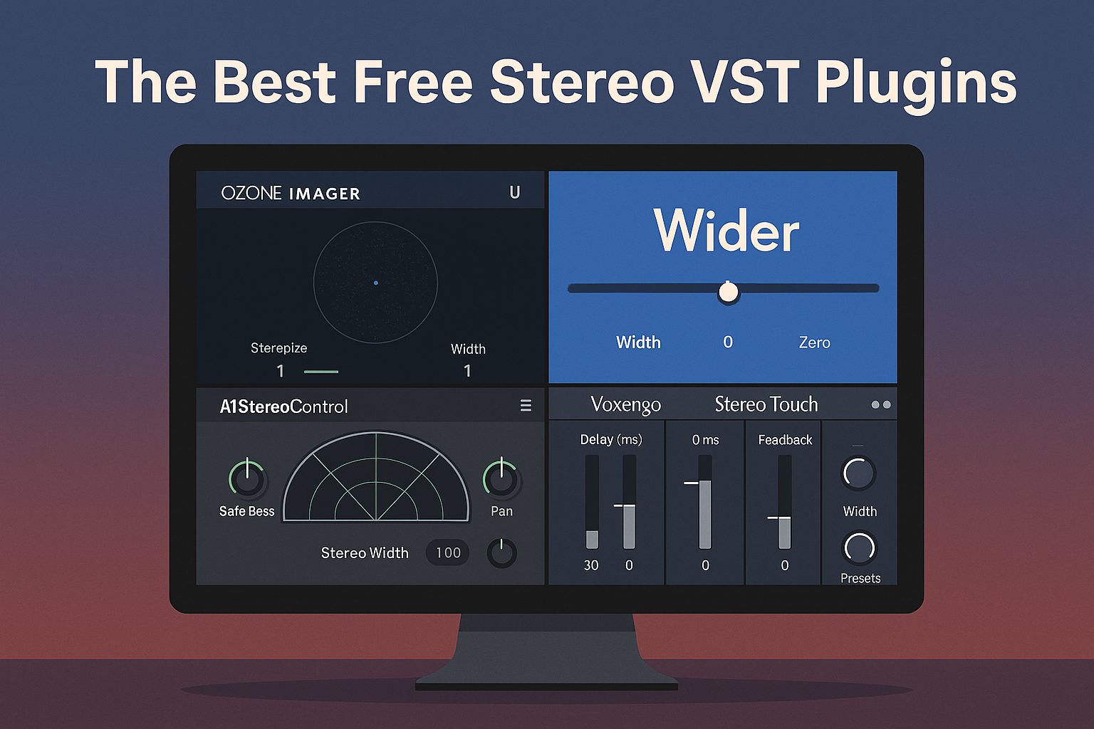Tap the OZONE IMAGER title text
tap(291, 194)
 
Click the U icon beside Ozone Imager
tap(515, 192)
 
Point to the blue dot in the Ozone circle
tap(375, 283)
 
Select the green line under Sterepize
tap(321, 372)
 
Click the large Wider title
tap(726, 231)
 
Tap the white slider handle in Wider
tap(728, 292)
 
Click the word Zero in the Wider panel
tap(814, 342)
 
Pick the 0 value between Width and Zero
tap(728, 342)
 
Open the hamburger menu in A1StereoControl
tap(526, 405)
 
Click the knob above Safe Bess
tap(247, 478)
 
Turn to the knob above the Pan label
tap(501, 478)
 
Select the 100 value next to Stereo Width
tap(448, 552)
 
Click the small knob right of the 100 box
tap(501, 552)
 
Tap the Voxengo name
tap(625, 405)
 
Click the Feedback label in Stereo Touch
tap(785, 440)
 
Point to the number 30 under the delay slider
tap(591, 565)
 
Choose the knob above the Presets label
tap(860, 547)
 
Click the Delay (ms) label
tap(611, 439)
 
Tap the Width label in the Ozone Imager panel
tap(468, 349)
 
